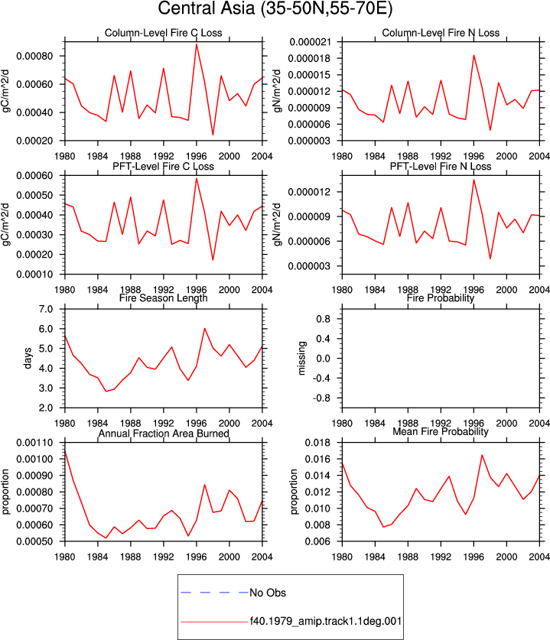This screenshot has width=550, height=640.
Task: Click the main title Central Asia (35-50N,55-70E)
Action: tap(275, 8)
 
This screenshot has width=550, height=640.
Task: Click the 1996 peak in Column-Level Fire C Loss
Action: tap(197, 44)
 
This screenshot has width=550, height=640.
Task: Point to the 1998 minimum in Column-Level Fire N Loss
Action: tap(490, 130)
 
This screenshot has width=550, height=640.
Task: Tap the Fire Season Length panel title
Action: tap(164, 298)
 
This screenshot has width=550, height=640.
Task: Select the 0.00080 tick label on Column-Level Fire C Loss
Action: tap(34, 56)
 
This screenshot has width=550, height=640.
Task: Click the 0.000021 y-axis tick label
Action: tap(310, 42)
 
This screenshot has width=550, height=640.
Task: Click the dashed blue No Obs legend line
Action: tap(214, 593)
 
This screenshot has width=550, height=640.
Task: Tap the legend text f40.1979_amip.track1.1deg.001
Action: tap(326, 622)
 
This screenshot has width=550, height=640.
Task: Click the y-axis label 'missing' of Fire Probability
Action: tap(301, 358)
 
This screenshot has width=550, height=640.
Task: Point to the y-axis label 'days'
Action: tap(28, 358)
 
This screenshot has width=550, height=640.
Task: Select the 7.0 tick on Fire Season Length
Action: tap(46, 309)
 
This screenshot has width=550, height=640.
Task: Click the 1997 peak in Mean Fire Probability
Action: tap(482, 455)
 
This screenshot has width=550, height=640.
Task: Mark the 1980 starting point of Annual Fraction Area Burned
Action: tap(65, 451)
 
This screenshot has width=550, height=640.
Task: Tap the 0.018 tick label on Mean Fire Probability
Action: tap(317, 443)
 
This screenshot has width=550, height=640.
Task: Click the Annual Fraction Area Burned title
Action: tap(164, 434)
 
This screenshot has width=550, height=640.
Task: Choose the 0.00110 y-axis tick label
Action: tap(34, 443)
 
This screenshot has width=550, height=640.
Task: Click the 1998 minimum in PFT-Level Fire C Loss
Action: tap(213, 260)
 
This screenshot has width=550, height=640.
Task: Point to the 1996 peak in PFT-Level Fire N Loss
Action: tap(474, 180)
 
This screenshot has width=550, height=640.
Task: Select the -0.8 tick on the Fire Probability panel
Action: tap(323, 398)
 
